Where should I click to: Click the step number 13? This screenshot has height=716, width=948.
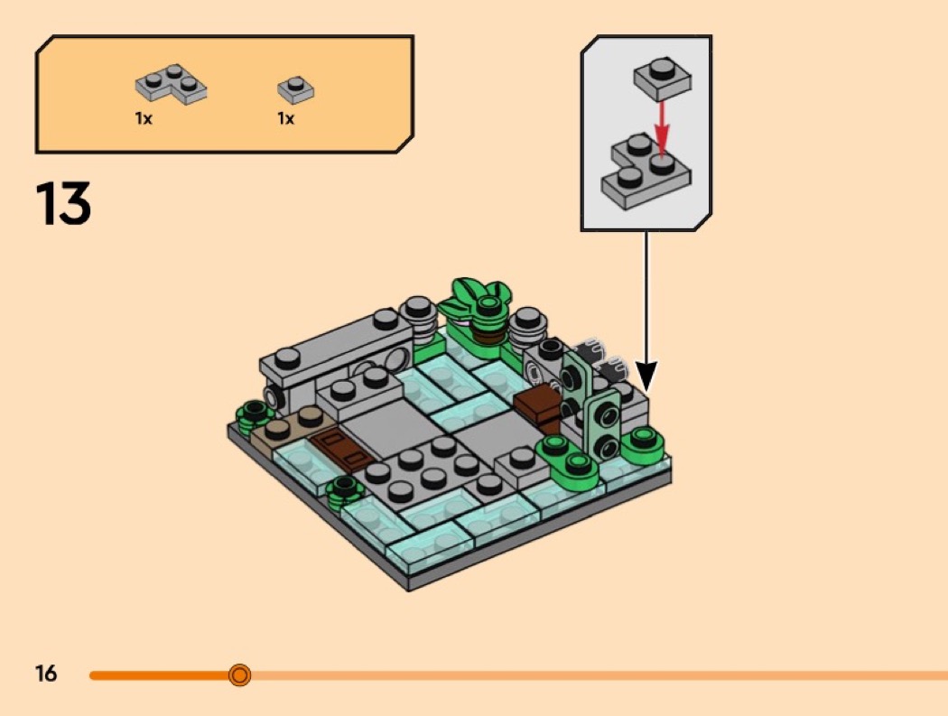[63, 203]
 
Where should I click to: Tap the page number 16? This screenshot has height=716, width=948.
[46, 673]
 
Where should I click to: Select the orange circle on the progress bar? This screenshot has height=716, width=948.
[240, 674]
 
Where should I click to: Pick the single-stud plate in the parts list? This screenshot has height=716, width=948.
[295, 90]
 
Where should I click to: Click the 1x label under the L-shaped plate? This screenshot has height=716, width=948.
[144, 118]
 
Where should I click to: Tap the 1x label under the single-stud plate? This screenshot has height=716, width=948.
[286, 118]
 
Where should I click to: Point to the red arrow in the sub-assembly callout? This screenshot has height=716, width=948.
[663, 128]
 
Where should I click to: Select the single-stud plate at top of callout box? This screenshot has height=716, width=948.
[663, 78]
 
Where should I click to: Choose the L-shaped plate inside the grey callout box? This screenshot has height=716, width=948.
[646, 172]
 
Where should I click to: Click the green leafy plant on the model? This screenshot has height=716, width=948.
[478, 302]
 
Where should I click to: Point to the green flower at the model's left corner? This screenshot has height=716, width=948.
[255, 415]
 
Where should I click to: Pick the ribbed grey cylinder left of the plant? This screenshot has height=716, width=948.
[418, 321]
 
